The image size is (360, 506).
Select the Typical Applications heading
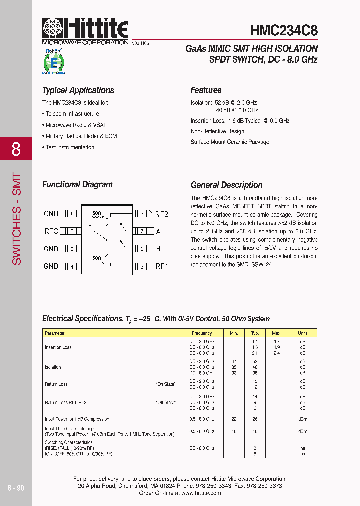point(78,90)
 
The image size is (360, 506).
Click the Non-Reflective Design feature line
point(217,131)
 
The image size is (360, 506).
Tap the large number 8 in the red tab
point(16,149)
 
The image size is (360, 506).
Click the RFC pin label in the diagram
point(51,231)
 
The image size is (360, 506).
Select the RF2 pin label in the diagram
point(162,214)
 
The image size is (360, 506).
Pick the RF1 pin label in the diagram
point(162,266)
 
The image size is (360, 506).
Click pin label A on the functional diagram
point(158,231)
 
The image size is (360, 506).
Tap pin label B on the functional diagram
point(158,249)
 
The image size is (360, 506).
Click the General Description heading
point(226,185)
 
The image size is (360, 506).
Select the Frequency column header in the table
point(201,333)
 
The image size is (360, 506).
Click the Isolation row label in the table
point(53,367)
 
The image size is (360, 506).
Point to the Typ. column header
point(255,333)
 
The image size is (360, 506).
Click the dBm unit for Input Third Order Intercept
point(302,431)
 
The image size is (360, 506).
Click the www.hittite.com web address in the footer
point(201,493)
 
